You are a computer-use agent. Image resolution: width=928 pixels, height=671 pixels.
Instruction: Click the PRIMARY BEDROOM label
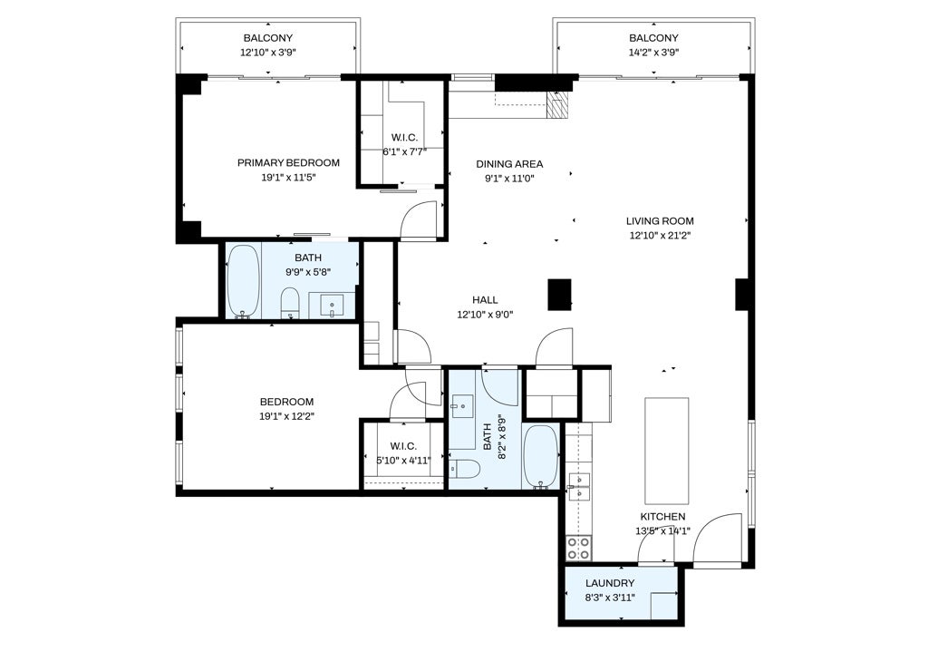288,163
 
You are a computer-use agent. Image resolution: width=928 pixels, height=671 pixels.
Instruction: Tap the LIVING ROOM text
660,220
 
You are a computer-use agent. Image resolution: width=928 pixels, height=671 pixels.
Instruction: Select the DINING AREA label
509,164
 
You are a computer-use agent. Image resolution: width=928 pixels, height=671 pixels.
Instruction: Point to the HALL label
485,300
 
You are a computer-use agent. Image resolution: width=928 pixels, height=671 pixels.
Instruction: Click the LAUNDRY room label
610,583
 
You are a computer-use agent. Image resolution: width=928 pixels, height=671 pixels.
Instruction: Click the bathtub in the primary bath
243,281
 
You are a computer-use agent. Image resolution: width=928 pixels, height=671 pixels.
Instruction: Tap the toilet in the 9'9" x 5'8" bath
290,303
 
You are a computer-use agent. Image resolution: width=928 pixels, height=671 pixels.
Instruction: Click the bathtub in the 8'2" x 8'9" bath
541,457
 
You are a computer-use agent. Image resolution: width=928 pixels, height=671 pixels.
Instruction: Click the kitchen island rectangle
666,451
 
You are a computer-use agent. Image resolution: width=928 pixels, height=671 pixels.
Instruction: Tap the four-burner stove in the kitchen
578,548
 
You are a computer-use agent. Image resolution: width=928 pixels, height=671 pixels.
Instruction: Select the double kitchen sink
578,487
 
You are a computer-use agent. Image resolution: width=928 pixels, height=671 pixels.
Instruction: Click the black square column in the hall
560,296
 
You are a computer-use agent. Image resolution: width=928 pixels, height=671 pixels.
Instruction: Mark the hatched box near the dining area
558,105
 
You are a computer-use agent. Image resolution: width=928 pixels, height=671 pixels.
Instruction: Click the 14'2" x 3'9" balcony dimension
652,53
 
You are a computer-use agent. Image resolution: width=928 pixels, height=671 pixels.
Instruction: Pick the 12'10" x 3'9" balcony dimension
268,53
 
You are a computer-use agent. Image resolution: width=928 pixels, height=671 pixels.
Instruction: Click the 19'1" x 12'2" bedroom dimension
286,416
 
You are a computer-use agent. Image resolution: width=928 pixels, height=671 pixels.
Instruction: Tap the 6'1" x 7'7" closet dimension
403,151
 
